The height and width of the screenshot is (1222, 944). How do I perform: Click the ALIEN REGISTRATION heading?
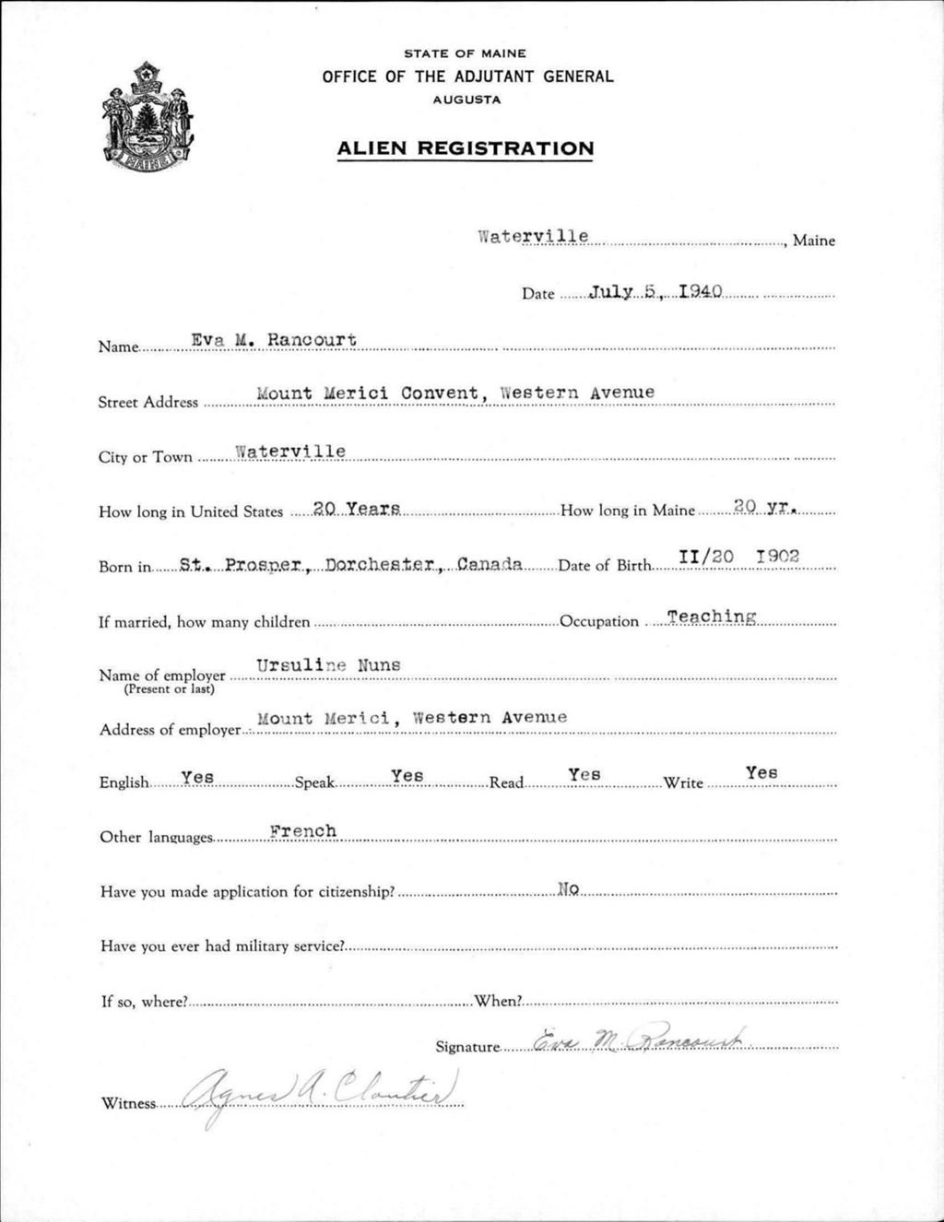pyautogui.click(x=466, y=148)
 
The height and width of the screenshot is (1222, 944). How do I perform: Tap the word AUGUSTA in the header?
pyautogui.click(x=466, y=100)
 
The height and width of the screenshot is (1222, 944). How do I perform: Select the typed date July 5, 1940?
pyautogui.click(x=655, y=292)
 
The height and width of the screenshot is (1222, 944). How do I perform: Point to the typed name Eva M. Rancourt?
pyautogui.click(x=273, y=340)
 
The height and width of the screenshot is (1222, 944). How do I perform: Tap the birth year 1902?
pyautogui.click(x=776, y=557)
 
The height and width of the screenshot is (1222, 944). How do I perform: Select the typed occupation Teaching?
pyautogui.click(x=712, y=617)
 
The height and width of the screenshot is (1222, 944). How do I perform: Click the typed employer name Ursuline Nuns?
pyautogui.click(x=328, y=665)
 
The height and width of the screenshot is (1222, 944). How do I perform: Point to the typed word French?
pyautogui.click(x=303, y=831)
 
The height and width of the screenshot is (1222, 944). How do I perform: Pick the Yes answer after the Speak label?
pyautogui.click(x=407, y=776)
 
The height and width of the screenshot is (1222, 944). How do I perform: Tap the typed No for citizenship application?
pyautogui.click(x=568, y=889)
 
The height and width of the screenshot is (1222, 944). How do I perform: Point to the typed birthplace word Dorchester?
pyautogui.click(x=381, y=564)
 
